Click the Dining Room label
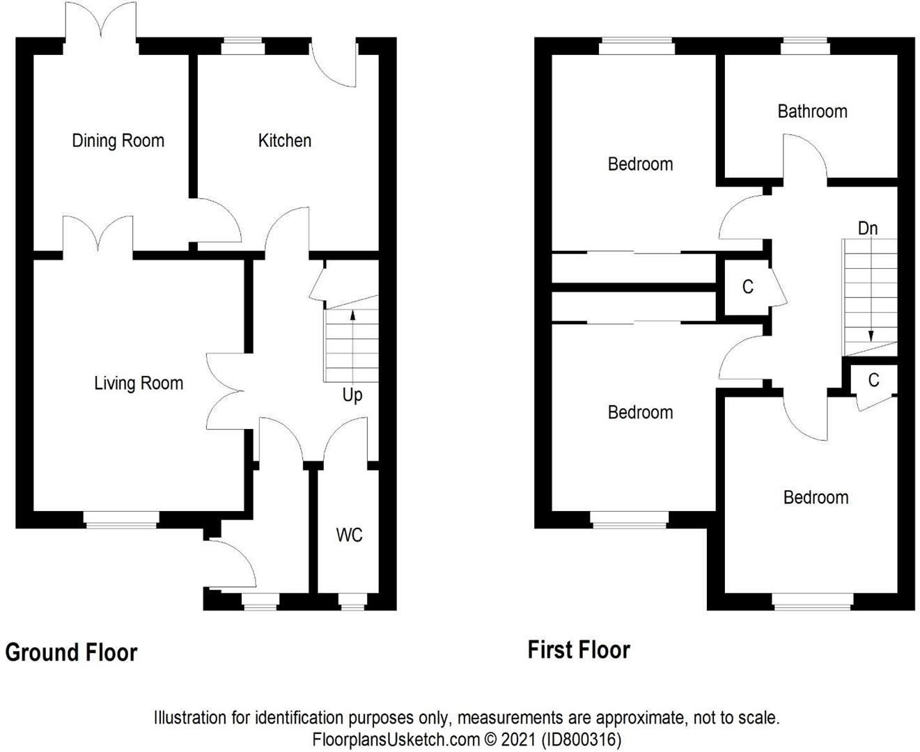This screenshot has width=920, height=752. (x=118, y=141)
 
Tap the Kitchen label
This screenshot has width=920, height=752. (x=284, y=141)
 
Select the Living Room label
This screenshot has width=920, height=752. (x=139, y=383)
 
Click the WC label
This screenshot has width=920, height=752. (x=349, y=535)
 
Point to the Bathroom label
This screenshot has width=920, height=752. (x=812, y=111)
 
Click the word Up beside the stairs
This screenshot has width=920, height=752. (x=352, y=395)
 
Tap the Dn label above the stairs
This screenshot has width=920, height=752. (x=867, y=228)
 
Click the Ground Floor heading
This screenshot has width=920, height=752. (x=71, y=652)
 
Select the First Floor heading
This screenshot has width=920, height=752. (x=579, y=650)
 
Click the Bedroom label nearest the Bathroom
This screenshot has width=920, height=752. (x=640, y=164)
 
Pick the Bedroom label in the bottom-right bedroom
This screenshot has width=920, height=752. (x=816, y=497)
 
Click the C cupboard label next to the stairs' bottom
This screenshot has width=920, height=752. (x=873, y=380)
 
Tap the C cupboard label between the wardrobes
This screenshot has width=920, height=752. (x=747, y=287)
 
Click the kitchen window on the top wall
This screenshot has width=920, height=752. (x=242, y=47)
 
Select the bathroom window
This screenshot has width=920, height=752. (x=805, y=47)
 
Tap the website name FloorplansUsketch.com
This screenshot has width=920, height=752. (x=396, y=739)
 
